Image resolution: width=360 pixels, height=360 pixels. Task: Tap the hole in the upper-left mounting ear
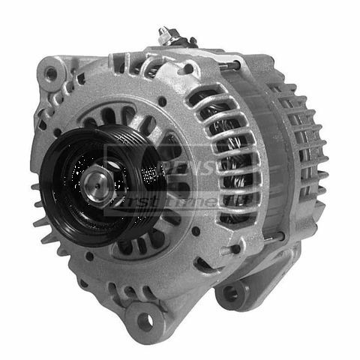tap(51, 73)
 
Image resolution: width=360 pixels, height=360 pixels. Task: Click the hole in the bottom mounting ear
tap(143, 322)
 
